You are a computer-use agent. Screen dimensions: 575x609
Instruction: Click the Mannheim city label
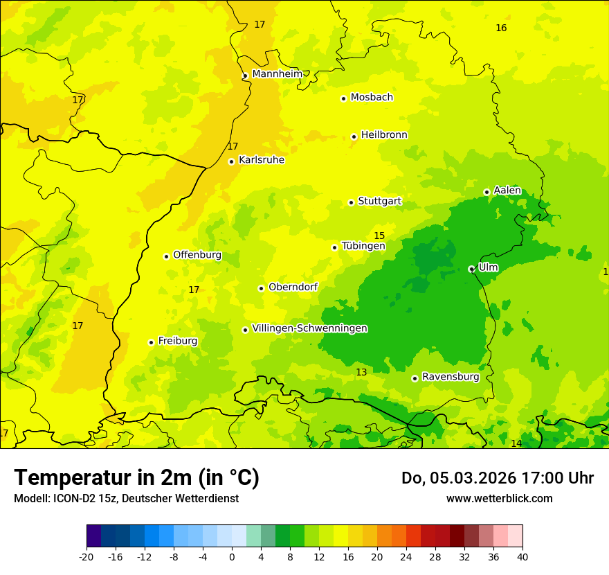click(x=278, y=74)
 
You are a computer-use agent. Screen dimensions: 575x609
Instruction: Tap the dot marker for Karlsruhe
click(x=232, y=161)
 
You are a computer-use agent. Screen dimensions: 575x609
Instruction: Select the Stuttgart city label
click(x=379, y=202)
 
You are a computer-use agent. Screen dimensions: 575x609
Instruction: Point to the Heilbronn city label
click(x=384, y=135)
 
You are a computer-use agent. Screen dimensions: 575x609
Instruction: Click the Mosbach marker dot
click(x=343, y=98)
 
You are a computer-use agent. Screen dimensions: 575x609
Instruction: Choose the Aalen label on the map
click(x=507, y=191)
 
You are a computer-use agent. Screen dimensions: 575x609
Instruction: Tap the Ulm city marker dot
click(x=471, y=269)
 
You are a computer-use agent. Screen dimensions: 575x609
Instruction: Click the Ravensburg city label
click(x=451, y=377)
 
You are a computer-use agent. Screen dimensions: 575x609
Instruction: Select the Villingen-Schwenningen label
click(x=309, y=328)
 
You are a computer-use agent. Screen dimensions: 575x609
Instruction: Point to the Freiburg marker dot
click(x=151, y=342)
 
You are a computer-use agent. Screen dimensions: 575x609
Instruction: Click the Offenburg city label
click(x=197, y=255)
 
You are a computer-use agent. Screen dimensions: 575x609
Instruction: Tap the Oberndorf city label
click(x=293, y=287)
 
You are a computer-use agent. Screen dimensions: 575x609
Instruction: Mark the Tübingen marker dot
click(x=335, y=247)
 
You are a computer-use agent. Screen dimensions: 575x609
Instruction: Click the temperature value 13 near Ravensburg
click(x=361, y=373)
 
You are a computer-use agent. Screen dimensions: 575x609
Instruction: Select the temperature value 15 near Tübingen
click(x=379, y=236)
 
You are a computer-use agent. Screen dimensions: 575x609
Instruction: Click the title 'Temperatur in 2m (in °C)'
click(x=136, y=478)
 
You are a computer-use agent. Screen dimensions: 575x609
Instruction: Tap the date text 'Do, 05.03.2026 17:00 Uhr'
click(x=498, y=478)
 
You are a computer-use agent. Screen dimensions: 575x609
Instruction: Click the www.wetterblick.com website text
click(x=499, y=498)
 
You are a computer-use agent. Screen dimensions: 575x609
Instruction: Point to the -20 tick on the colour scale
click(x=87, y=556)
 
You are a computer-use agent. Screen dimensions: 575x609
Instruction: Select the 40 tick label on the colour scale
click(x=522, y=556)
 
